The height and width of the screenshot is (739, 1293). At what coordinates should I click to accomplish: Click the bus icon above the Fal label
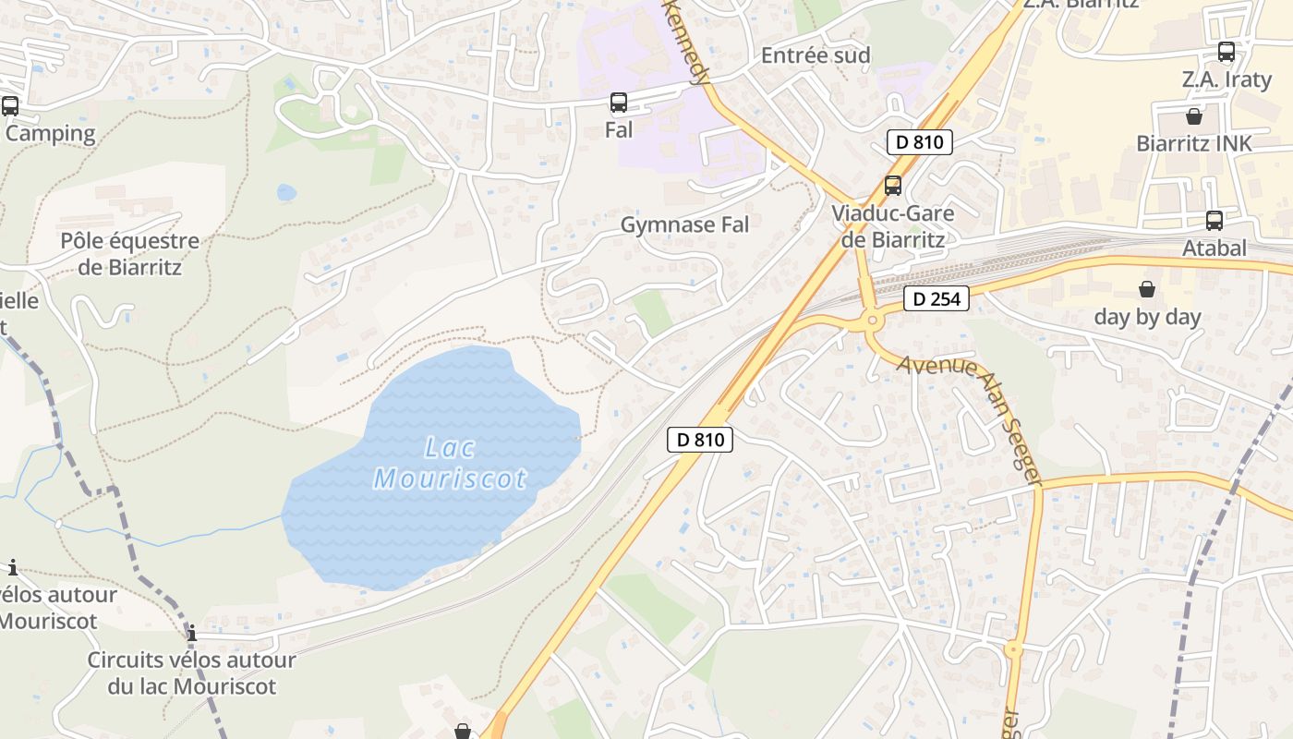[619, 103]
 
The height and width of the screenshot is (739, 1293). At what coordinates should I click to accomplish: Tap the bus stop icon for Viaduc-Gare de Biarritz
[892, 185]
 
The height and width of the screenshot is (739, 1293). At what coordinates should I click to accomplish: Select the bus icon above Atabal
[1214, 221]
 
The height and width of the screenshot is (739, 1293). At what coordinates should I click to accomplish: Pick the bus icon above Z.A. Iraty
[1226, 52]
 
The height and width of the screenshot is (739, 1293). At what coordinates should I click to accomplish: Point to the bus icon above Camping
[10, 106]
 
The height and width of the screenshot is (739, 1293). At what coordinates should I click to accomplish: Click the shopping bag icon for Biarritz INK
[1193, 116]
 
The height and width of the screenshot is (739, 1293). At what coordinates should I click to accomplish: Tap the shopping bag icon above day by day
[1146, 290]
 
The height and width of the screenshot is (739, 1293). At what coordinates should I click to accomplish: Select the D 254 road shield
[936, 299]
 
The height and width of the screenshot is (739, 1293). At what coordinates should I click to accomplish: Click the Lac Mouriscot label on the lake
[450, 463]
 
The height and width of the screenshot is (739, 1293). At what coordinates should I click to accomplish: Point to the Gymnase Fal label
[684, 224]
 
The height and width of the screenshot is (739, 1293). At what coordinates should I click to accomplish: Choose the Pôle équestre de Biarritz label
[129, 254]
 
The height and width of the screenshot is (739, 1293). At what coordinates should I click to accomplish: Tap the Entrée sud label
[816, 55]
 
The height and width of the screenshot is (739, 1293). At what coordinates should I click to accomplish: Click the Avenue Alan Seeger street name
[970, 416]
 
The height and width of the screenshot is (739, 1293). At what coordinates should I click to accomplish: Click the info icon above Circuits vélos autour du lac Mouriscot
[192, 634]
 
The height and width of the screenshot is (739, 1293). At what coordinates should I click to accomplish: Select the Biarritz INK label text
[1193, 143]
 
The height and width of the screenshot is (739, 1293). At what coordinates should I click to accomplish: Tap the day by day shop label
[1147, 317]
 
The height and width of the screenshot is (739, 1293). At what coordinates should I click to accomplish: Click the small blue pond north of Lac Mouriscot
[286, 192]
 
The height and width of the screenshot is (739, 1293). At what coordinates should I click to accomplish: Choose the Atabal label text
[1214, 248]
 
